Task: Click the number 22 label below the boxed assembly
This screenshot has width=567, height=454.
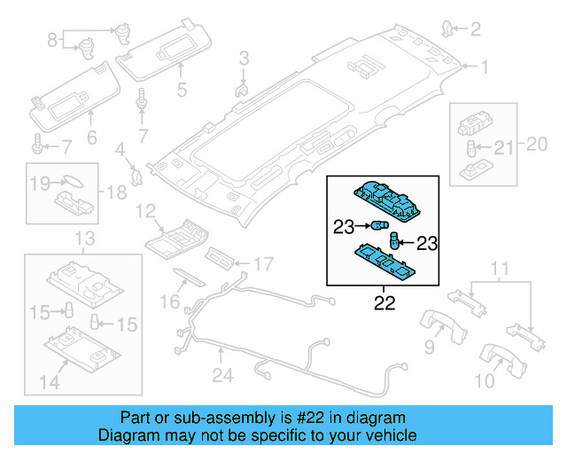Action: click(x=383, y=304)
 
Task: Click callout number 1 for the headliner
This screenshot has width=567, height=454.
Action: click(x=485, y=67)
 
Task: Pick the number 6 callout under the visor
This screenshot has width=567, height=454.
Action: click(x=90, y=138)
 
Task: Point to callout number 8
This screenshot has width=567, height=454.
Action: click(x=52, y=39)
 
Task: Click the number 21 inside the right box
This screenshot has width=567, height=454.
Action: click(x=502, y=147)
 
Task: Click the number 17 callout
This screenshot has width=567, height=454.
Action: click(x=263, y=263)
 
